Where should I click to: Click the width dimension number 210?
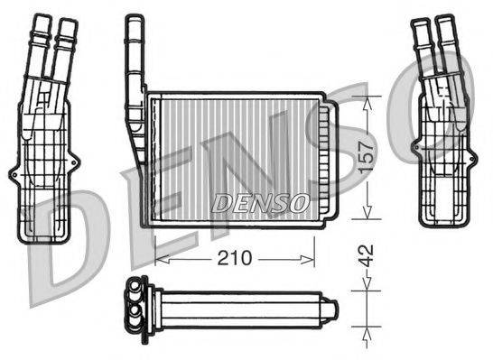[234, 258]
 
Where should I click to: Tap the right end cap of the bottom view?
[331, 309]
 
